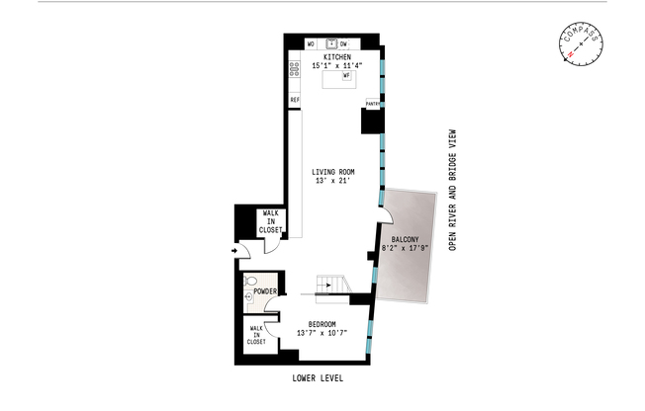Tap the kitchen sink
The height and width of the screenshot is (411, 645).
coord(331,43)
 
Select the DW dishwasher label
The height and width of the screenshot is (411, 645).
coord(343,44)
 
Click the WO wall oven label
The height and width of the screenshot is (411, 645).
coord(311,44)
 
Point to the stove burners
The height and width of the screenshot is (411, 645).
coord(294,69)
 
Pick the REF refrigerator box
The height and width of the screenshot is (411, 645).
coord(294,100)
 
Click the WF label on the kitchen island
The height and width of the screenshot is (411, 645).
coord(346,75)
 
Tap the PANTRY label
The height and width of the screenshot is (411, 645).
coord(374,103)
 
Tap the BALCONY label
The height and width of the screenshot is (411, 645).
coord(406,240)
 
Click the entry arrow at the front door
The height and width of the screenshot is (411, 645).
coord(234,251)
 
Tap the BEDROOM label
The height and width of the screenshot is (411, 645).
coord(322,324)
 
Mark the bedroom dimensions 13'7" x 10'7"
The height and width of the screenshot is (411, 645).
coord(322,334)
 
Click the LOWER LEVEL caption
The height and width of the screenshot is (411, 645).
coord(318,378)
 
